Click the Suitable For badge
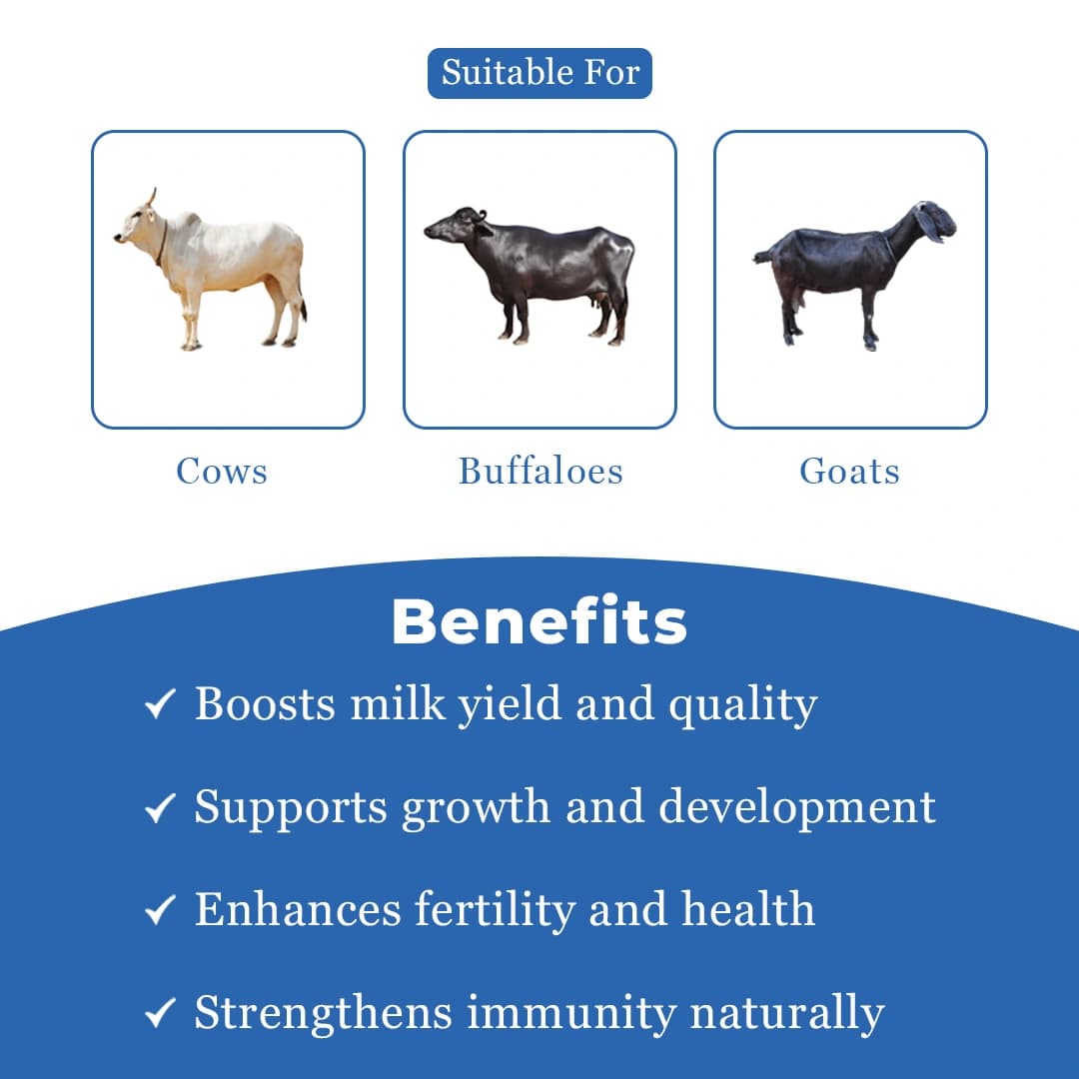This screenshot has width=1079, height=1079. click(x=539, y=73)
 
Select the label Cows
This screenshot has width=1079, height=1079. click(x=222, y=471)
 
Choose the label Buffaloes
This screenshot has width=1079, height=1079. click(x=540, y=471)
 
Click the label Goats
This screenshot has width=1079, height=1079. click(x=849, y=471)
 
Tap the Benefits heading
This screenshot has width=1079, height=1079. click(x=539, y=622)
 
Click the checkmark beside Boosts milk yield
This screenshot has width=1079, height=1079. click(x=160, y=703)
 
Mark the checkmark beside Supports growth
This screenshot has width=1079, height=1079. click(x=160, y=807)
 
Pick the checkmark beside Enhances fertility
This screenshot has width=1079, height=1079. click(x=160, y=910)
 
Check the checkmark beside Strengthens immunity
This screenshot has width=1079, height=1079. click(x=160, y=1014)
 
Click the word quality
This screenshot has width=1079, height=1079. click(x=742, y=705)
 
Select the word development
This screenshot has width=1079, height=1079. click(x=796, y=807)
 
